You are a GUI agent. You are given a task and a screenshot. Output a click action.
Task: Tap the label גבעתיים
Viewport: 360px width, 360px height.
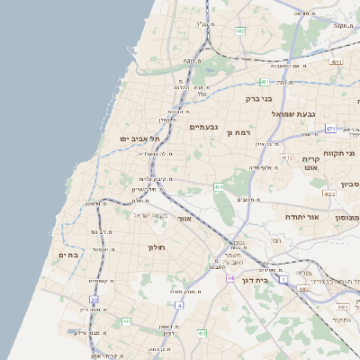coord(203,127)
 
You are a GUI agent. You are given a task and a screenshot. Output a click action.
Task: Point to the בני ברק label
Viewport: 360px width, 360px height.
coord(258,99)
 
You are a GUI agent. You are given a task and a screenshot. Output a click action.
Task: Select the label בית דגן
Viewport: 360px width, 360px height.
coord(257,279)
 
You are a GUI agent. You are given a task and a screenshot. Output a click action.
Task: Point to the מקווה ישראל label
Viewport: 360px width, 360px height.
coord(149,214)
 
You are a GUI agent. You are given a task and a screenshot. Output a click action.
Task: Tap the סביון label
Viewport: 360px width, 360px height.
coord(350,184)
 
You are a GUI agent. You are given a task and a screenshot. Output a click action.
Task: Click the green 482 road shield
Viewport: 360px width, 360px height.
coord(240,31)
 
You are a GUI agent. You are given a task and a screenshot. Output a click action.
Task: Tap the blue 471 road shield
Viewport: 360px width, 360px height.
coord(330,129)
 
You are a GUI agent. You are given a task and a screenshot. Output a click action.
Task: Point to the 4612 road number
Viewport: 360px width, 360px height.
coord(287,157)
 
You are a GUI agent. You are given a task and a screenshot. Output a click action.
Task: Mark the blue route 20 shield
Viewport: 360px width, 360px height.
coord(94,298)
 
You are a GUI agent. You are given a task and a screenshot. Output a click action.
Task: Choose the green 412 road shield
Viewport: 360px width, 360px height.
coord(202,333)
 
